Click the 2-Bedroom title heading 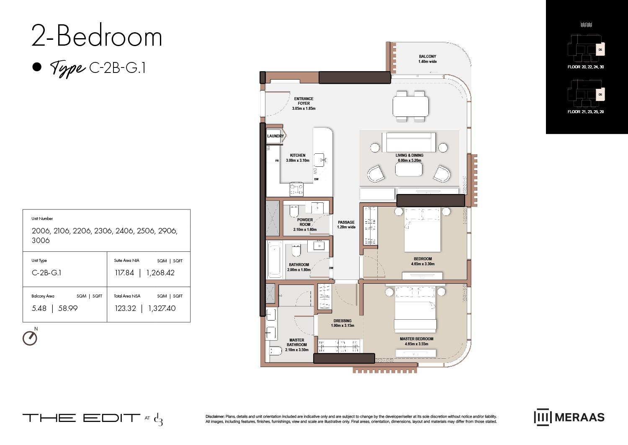(x=97, y=36)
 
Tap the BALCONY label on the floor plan (x=427, y=57)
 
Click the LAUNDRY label (x=275, y=136)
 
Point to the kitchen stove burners (x=296, y=189)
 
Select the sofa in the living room (x=409, y=142)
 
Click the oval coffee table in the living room (x=409, y=169)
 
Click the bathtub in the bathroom (x=275, y=259)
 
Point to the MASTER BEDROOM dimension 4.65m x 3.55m (x=416, y=344)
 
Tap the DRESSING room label (x=342, y=321)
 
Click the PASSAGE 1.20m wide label (x=346, y=225)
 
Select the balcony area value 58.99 (x=68, y=308)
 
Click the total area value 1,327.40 (x=162, y=308)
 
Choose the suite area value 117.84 (x=124, y=273)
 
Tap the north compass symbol (x=30, y=338)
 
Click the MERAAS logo (x=569, y=417)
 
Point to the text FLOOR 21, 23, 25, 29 (x=585, y=112)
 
